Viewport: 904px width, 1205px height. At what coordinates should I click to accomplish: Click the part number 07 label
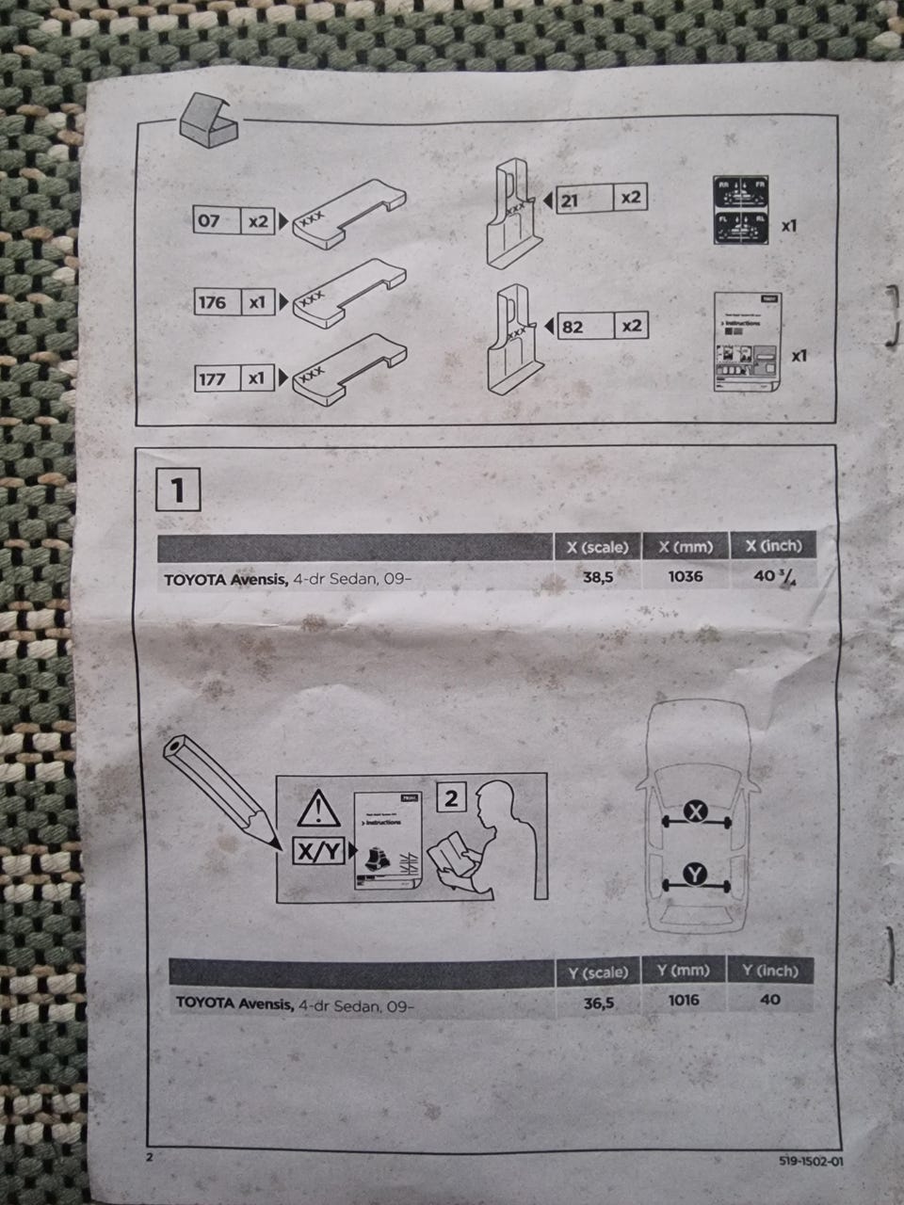(208, 221)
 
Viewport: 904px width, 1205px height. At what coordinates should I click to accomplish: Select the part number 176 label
(212, 302)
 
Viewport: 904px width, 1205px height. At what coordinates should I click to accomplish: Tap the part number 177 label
(212, 378)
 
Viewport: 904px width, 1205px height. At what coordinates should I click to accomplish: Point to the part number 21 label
(570, 200)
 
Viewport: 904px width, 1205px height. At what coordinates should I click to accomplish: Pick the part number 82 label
(572, 327)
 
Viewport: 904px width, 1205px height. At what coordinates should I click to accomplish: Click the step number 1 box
(178, 490)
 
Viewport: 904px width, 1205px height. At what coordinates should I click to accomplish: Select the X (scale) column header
(597, 547)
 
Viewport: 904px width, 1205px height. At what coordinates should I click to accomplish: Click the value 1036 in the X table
(685, 575)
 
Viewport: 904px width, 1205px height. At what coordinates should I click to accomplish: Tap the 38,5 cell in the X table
(597, 576)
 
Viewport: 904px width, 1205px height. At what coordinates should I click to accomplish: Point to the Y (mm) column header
(684, 971)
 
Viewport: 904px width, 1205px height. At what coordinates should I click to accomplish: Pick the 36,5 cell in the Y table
(599, 1004)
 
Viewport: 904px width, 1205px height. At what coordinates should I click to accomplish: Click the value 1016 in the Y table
(684, 1000)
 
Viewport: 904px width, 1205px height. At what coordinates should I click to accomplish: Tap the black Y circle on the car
(695, 876)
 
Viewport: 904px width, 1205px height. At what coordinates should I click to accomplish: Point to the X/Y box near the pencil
(318, 852)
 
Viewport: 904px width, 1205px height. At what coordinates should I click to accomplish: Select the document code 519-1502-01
(811, 1161)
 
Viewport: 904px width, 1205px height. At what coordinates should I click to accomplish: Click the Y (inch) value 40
(769, 999)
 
